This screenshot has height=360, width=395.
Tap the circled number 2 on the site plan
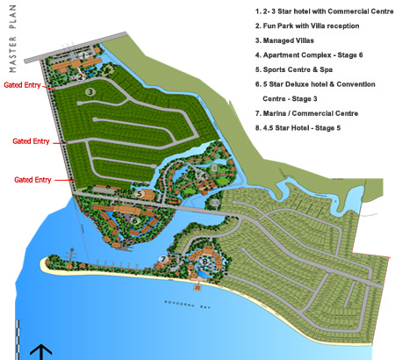(81, 76)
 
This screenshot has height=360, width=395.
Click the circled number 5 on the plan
(140, 192)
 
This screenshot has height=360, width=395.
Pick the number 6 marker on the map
(137, 220)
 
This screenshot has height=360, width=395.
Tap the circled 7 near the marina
(162, 259)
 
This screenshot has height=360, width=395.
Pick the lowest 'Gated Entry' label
(32, 179)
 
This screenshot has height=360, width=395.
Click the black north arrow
(40, 350)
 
